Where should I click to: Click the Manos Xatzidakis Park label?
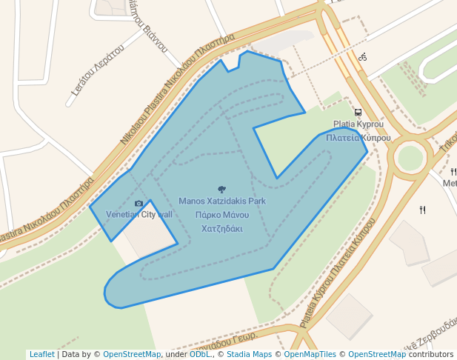coord(221,201)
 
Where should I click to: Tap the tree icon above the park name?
coord(221,190)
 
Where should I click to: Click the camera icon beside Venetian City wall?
coord(139,204)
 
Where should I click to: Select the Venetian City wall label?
coord(139,215)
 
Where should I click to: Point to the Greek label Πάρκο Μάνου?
coord(221,215)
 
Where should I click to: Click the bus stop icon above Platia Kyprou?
coord(358,113)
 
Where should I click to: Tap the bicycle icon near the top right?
coord(362,57)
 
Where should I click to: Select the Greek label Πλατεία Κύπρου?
coord(358,138)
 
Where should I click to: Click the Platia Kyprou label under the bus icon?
coord(358,124)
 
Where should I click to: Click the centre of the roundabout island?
coord(410,157)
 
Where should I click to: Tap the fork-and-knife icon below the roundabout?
coord(422,210)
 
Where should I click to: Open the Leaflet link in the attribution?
coord(41,355)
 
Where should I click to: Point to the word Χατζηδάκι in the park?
coord(221,229)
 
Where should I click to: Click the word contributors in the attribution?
coord(430,355)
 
